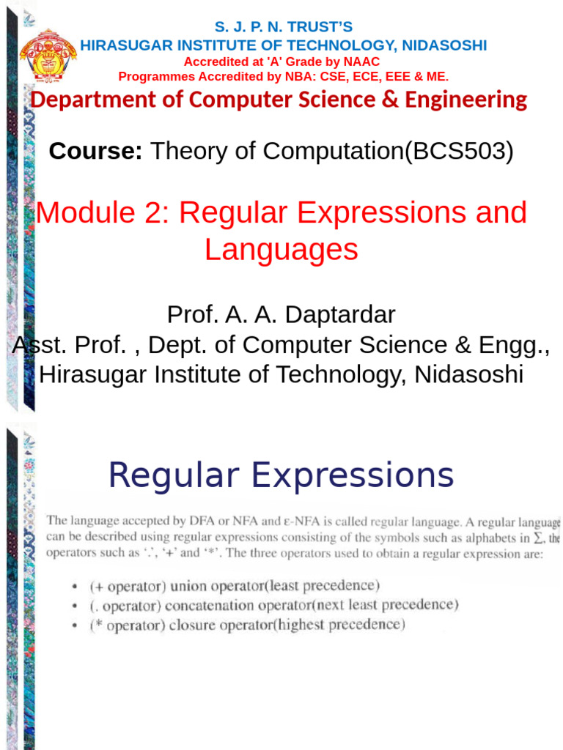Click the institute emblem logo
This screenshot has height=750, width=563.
(x=48, y=56)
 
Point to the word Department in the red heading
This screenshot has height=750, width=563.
(x=88, y=100)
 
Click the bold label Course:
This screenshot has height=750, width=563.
(x=95, y=152)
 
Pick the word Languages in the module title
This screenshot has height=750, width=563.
(x=281, y=250)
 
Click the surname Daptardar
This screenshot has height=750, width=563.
(x=342, y=315)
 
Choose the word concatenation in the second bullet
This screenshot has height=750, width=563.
(x=210, y=606)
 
